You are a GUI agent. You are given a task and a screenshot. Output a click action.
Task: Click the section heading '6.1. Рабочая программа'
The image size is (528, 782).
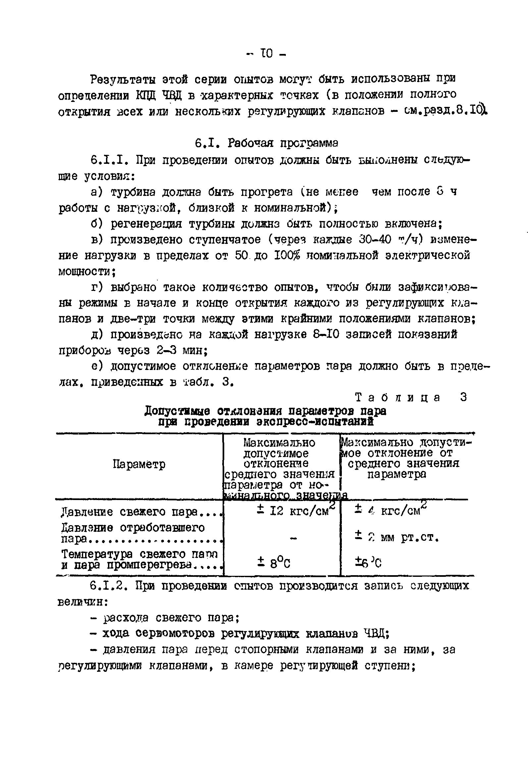266,144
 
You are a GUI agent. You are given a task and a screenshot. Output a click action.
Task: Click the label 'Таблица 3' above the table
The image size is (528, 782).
411,397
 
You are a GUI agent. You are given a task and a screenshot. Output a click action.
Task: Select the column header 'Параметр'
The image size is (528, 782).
139,465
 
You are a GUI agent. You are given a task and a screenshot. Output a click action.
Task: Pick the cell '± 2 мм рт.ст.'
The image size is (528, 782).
397,538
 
